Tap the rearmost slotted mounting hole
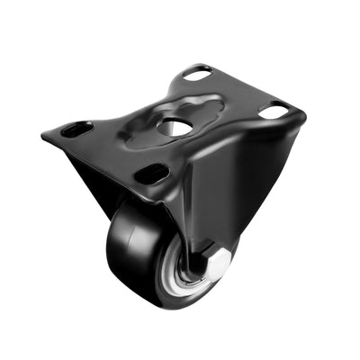198,74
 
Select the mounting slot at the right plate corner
274,112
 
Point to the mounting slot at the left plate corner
76,129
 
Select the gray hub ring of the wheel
189,283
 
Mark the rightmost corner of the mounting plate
304,114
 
